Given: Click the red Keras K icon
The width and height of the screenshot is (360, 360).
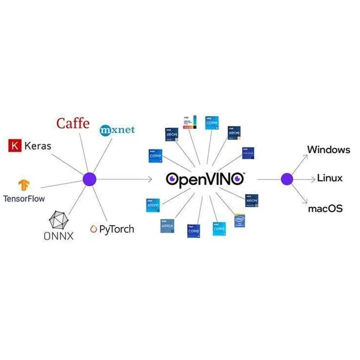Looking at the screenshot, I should click(x=15, y=145).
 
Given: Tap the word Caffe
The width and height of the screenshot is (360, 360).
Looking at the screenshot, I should click(x=73, y=123).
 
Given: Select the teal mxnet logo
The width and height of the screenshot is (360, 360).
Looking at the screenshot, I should click(x=117, y=130).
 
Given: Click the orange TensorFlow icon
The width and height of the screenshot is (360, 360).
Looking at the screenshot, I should click(x=24, y=185).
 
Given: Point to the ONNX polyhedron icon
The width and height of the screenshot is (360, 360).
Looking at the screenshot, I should click(x=59, y=220).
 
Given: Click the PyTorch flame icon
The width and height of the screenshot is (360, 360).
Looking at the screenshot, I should click(x=94, y=229).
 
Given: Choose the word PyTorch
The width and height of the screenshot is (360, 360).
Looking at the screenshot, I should click(x=117, y=229).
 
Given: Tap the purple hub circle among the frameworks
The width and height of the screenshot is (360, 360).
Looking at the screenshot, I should click(x=90, y=179).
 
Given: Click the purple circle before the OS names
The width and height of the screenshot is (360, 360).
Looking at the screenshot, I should click(x=287, y=179).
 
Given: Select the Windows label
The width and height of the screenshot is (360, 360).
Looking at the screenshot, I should click(x=328, y=149).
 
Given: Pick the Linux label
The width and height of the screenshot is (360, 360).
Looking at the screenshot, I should click(x=330, y=178).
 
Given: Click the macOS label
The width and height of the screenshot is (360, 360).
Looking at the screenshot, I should click(x=325, y=209).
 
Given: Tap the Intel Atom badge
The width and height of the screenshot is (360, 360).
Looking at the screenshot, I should click(x=153, y=205).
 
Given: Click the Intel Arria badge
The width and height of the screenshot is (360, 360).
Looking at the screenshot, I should click(x=167, y=225).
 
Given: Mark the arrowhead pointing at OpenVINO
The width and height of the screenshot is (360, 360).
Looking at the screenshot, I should click(x=150, y=179).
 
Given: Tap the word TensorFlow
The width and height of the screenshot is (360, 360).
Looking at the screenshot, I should click(x=24, y=198).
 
